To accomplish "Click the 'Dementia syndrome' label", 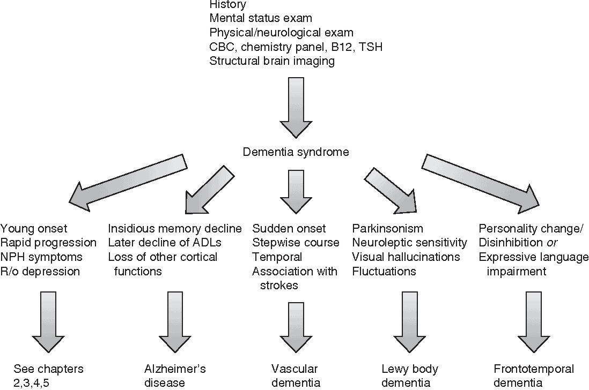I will (x=296, y=152).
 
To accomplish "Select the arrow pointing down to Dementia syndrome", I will (x=296, y=108).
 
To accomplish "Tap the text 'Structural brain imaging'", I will (x=272, y=61).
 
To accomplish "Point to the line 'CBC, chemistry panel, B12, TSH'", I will (x=296, y=47).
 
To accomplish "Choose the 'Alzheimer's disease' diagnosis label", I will (x=175, y=376).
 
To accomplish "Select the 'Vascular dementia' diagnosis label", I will (x=296, y=376).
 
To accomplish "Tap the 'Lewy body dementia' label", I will (x=410, y=376).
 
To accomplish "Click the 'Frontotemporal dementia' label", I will (x=533, y=376).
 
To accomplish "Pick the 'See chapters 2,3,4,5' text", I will (x=49, y=376).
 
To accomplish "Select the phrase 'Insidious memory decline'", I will (x=175, y=229).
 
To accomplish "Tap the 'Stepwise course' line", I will (x=296, y=243).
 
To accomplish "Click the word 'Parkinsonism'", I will (x=387, y=229).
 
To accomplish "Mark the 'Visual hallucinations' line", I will (x=406, y=257).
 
